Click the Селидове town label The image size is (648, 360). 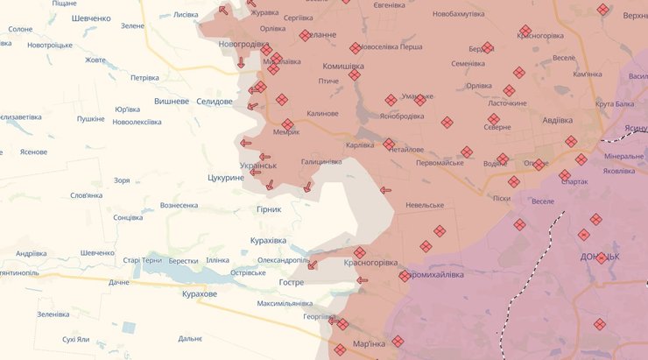(x=214, y=102)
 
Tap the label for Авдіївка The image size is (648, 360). (x=558, y=120)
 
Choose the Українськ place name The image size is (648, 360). (x=257, y=165)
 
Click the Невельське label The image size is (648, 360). (x=425, y=205)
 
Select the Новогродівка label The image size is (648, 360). (x=244, y=44)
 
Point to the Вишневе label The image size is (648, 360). (x=172, y=102)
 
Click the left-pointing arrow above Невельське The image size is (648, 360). (x=385, y=189)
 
